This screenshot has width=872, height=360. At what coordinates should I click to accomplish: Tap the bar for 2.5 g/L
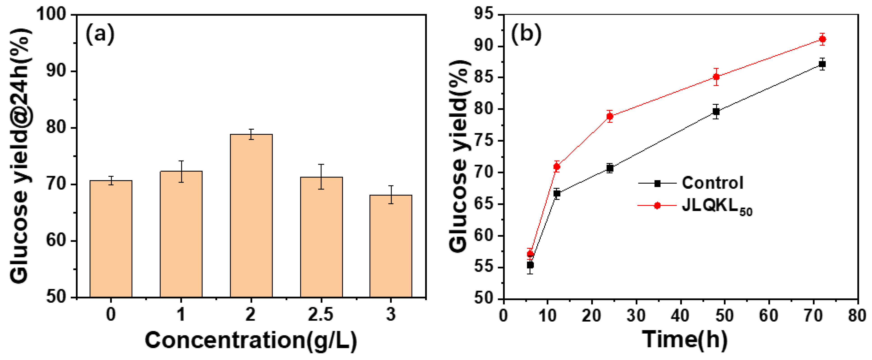click(321, 237)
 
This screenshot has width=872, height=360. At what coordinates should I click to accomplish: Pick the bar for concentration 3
click(391, 246)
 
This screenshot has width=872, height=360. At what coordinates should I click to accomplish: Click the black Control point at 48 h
click(716, 111)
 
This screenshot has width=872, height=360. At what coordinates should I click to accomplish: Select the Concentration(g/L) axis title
click(251, 340)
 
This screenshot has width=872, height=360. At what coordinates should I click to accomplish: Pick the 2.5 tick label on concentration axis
click(321, 315)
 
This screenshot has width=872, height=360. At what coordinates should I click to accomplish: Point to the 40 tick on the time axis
click(680, 315)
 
